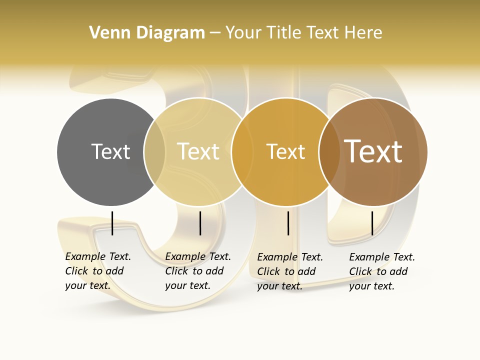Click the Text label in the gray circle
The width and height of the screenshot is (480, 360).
pyautogui.click(x=110, y=151)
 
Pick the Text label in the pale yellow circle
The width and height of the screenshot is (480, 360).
pyautogui.click(x=198, y=151)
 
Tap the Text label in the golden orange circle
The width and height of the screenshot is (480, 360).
pyautogui.click(x=285, y=151)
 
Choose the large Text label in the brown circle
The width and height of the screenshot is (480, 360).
pyautogui.click(x=373, y=151)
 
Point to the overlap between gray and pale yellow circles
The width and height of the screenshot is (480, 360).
pyautogui.click(x=154, y=152)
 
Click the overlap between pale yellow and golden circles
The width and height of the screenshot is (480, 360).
pyautogui.click(x=242, y=152)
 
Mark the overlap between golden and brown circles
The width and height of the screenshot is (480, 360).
pyautogui.click(x=329, y=152)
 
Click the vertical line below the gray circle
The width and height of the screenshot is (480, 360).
pyautogui.click(x=112, y=223)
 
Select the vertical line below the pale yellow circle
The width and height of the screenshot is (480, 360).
pyautogui.click(x=200, y=223)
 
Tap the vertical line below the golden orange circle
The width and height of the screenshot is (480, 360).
pyautogui.click(x=288, y=223)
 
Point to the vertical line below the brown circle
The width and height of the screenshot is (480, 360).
pyautogui.click(x=372, y=223)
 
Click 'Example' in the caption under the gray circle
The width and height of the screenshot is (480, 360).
pyautogui.click(x=85, y=256)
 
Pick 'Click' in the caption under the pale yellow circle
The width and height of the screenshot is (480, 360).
pyautogui.click(x=176, y=271)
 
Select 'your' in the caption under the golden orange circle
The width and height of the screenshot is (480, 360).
pyautogui.click(x=267, y=286)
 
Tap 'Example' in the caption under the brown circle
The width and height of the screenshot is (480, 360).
pyautogui.click(x=369, y=257)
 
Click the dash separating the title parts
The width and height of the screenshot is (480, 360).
pyautogui.click(x=215, y=33)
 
